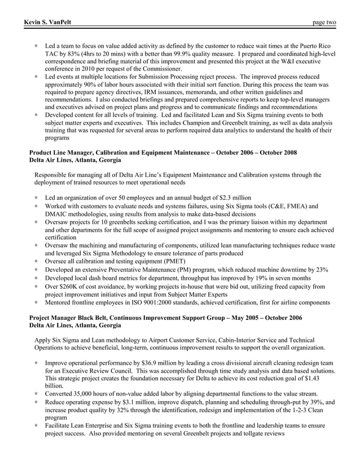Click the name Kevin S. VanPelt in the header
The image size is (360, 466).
point(48,23)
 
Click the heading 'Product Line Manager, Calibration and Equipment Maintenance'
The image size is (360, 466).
point(128,152)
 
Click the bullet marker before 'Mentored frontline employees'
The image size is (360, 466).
point(36,302)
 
